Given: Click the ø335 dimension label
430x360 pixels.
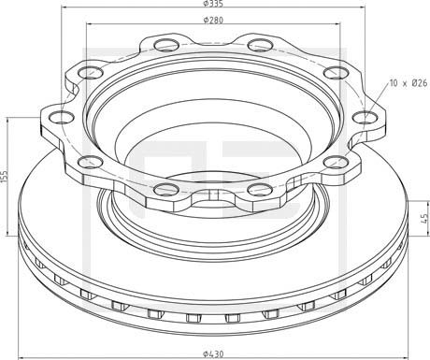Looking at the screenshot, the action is pos(213,4).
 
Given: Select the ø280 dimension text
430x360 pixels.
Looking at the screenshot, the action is pos(213,21).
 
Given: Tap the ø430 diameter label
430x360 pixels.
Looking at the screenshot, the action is pos(213,354).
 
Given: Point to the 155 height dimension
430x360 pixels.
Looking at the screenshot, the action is pos(4,177).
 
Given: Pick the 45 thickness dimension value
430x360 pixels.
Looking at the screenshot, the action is pos(424,218).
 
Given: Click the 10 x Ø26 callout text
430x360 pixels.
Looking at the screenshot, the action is pos(408,83).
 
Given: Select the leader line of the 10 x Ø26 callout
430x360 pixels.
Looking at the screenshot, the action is pos(377,100).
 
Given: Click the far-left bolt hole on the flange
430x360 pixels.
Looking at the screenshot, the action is pos(61,118).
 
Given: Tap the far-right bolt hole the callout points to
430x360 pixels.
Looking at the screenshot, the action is pos(365,118).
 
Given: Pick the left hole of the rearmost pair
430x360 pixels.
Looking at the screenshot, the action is pos(166,45).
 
